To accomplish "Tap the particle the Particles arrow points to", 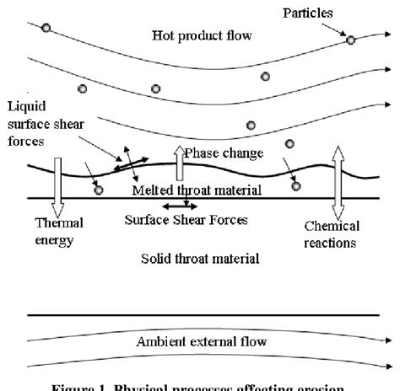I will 351,40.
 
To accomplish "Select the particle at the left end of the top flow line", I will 46,28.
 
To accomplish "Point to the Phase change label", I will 224,153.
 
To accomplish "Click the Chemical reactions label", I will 332,234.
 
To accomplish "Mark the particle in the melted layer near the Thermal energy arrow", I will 99,190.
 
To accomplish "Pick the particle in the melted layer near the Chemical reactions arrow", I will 296,186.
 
